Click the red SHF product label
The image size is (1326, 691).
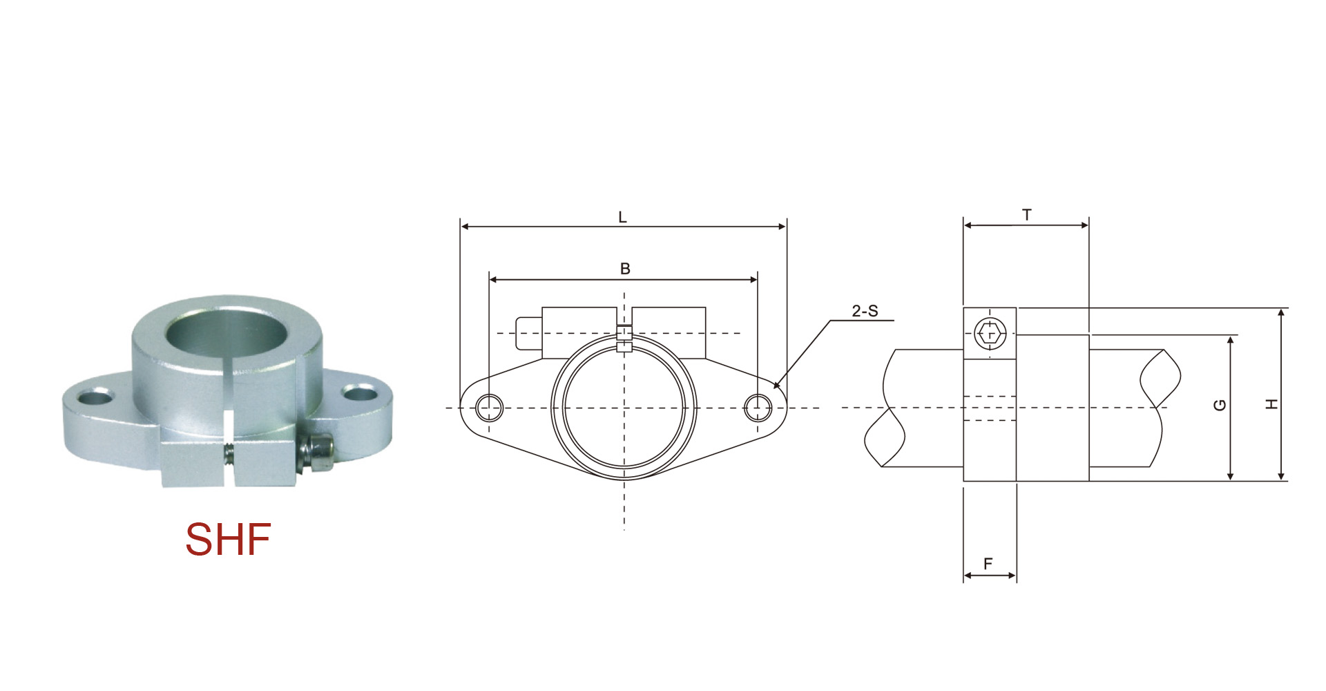(228, 539)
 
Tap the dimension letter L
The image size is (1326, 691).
(622, 218)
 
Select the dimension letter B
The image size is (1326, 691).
(625, 269)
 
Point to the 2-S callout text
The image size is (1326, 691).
(865, 311)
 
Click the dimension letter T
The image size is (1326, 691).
(1027, 215)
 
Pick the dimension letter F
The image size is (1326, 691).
(988, 564)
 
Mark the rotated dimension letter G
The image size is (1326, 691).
(1220, 405)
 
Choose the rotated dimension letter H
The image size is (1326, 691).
(1271, 404)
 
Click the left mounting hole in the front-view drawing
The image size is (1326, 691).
(490, 407)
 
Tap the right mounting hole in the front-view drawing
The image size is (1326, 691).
(758, 407)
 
